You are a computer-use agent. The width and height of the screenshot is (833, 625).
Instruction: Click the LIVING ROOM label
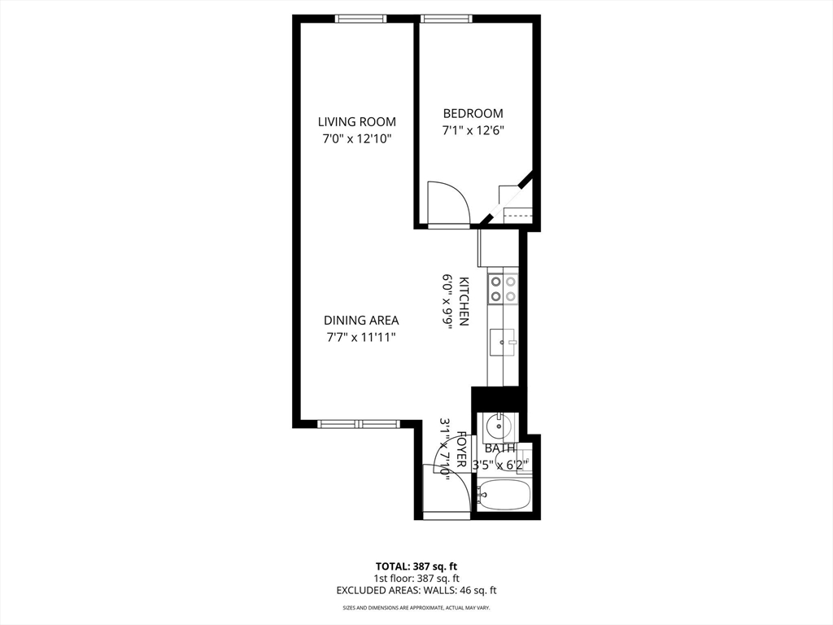(x=357, y=122)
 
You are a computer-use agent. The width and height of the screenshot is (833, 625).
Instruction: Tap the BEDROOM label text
(x=473, y=113)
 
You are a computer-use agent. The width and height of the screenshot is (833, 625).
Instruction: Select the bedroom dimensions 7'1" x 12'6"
(x=473, y=130)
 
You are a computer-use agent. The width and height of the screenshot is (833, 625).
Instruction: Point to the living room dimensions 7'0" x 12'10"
(x=357, y=139)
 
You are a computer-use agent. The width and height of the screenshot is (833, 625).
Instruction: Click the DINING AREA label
(x=361, y=321)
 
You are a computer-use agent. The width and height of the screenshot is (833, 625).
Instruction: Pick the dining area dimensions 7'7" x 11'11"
(x=361, y=338)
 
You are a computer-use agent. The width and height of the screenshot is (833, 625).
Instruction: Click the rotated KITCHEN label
(x=463, y=301)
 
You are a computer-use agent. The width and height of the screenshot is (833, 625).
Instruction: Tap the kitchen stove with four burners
(x=503, y=289)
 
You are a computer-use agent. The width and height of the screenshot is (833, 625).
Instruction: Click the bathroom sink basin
(x=499, y=425)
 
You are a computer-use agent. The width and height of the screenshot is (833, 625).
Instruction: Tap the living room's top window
(x=360, y=19)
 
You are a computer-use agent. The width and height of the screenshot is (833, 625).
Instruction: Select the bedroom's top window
(x=447, y=19)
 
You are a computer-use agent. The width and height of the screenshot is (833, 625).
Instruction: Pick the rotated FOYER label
(x=462, y=449)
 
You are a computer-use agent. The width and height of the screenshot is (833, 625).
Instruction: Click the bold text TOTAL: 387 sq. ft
(x=416, y=566)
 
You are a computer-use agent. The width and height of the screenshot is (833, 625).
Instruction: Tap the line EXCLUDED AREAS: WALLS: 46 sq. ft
(x=416, y=590)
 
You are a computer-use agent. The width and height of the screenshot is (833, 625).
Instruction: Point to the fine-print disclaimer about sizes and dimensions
(x=416, y=607)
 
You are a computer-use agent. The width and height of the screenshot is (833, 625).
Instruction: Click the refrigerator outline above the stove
(x=498, y=248)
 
